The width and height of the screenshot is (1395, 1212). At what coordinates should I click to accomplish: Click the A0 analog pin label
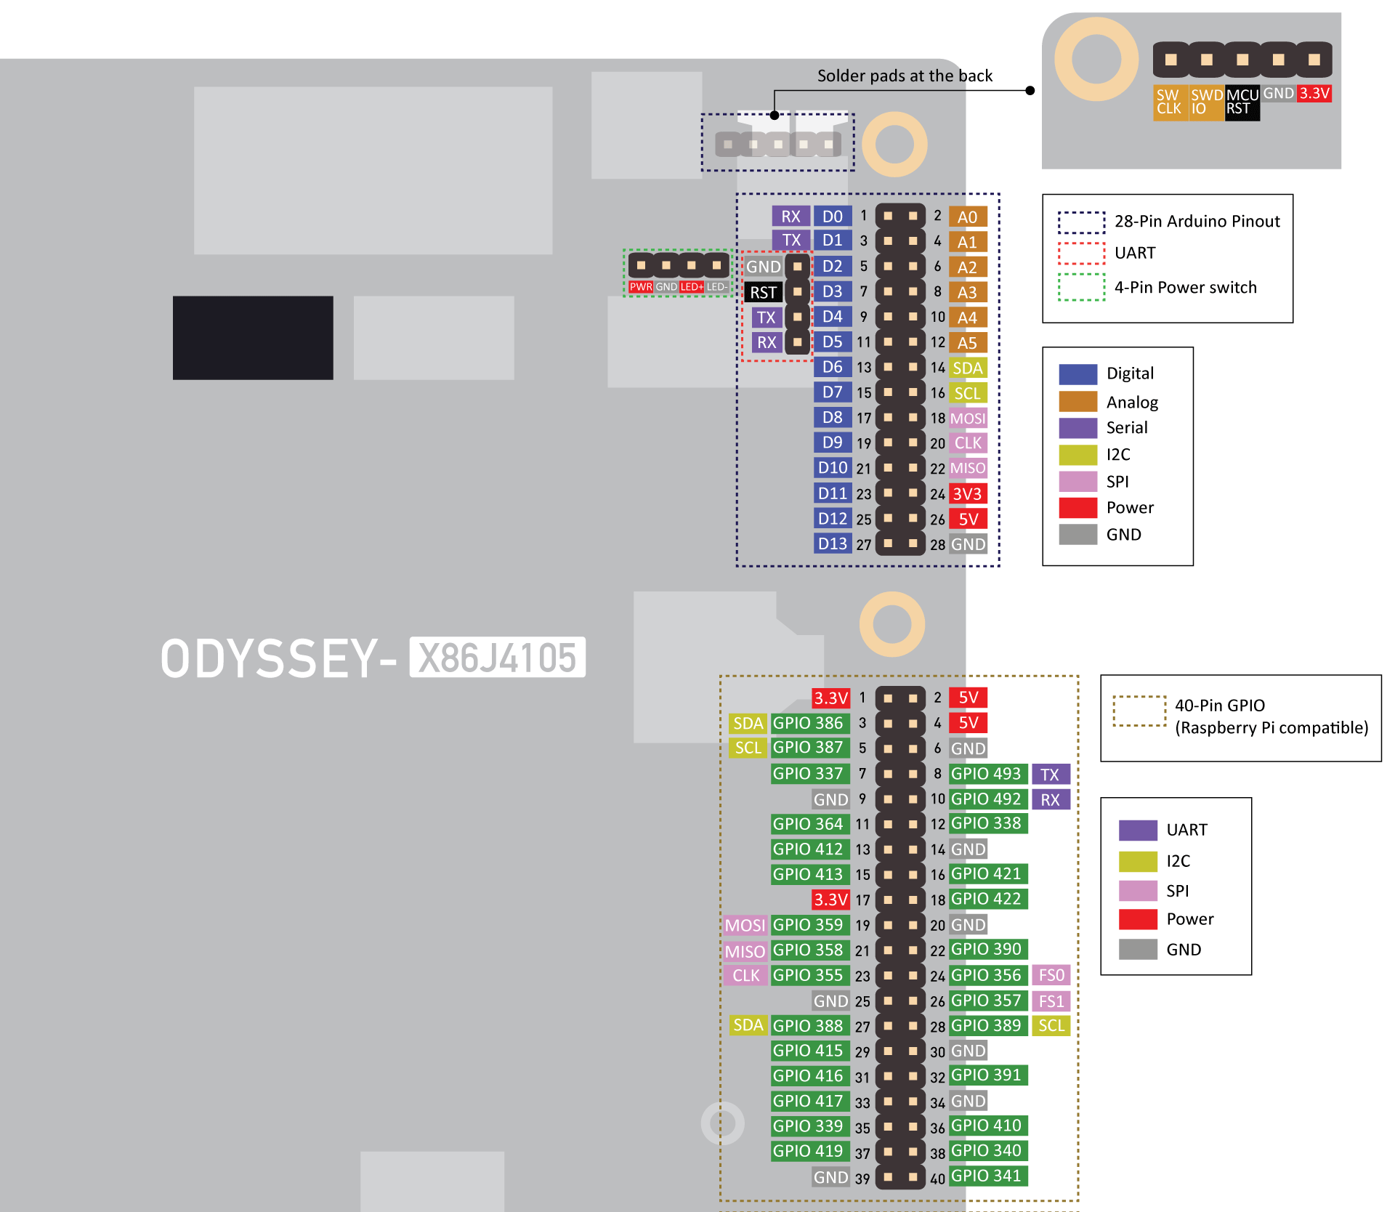(x=967, y=217)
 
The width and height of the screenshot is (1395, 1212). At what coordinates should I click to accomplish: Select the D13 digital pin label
(x=832, y=544)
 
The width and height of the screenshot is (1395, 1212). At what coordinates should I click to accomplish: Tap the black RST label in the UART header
(x=763, y=292)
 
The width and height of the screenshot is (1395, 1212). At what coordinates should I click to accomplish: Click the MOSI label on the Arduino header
(x=968, y=419)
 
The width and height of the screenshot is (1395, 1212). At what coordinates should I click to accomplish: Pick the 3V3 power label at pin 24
(x=968, y=494)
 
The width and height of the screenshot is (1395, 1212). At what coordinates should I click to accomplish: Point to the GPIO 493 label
(x=987, y=774)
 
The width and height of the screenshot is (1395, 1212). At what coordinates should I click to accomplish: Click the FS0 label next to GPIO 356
(x=1051, y=975)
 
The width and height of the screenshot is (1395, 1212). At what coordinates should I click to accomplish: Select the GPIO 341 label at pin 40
(x=987, y=1176)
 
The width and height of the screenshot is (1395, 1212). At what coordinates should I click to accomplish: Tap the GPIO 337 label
(x=808, y=774)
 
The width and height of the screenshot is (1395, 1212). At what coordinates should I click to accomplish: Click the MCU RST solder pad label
(x=1242, y=102)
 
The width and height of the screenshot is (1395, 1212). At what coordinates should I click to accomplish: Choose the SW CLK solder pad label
(x=1169, y=102)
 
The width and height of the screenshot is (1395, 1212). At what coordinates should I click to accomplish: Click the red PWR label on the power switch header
(x=641, y=287)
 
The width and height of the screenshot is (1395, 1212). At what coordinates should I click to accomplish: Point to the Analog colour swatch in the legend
(x=1078, y=401)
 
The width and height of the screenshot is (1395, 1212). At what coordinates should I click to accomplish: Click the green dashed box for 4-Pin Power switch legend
(x=1081, y=287)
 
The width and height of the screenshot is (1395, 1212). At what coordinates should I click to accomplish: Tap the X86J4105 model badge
(x=498, y=658)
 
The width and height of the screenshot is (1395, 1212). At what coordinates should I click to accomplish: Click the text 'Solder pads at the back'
(x=905, y=76)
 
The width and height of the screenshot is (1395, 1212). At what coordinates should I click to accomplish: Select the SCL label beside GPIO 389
(x=1051, y=1025)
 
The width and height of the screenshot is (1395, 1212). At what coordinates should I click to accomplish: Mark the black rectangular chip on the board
(x=253, y=337)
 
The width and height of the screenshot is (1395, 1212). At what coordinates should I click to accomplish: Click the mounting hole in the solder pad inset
(x=1096, y=60)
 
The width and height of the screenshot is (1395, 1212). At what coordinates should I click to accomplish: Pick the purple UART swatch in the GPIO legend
(x=1138, y=830)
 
